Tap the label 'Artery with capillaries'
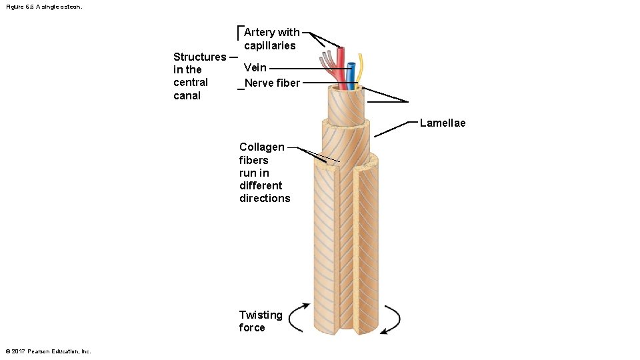pyautogui.click(x=271, y=39)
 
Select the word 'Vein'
pyautogui.click(x=255, y=67)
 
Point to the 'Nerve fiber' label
pyautogui.click(x=272, y=83)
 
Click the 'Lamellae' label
pyautogui.click(x=443, y=123)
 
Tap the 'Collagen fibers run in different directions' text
pyautogui.click(x=265, y=173)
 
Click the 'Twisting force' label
pyautogui.click(x=260, y=321)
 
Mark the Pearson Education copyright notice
pyautogui.click(x=48, y=351)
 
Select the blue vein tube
pyautogui.click(x=351, y=73)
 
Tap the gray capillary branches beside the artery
pyautogui.click(x=327, y=62)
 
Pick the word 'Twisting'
pyautogui.click(x=260, y=315)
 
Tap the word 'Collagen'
pyautogui.click(x=261, y=147)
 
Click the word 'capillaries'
pyautogui.click(x=269, y=45)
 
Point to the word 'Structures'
pyautogui.click(x=199, y=57)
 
